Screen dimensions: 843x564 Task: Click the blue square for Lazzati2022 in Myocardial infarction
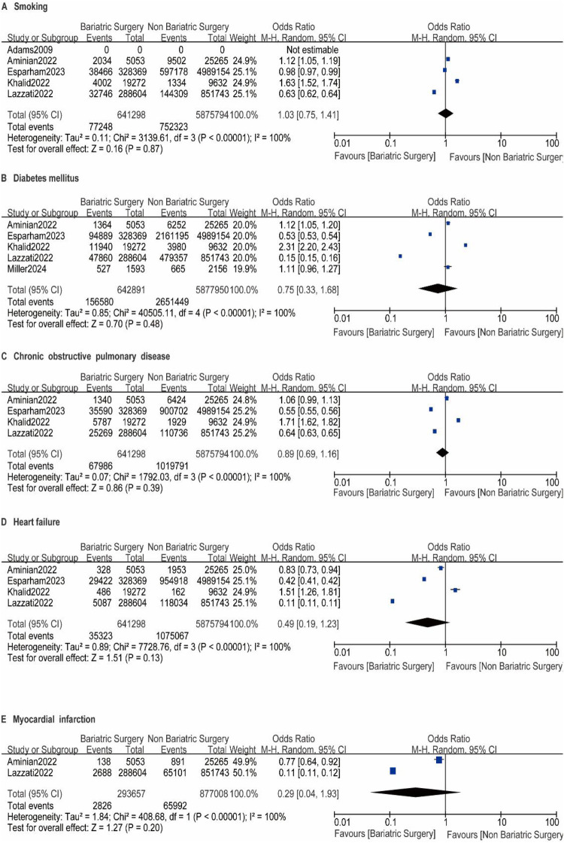coord(393,771)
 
